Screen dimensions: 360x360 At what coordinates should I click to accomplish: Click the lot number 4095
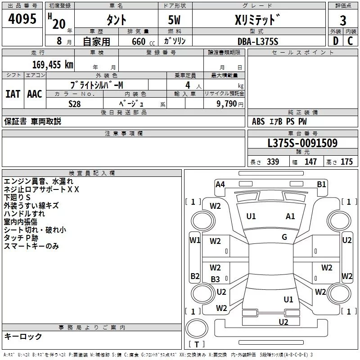coord(22,19)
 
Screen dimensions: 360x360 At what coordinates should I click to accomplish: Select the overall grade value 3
coord(343,20)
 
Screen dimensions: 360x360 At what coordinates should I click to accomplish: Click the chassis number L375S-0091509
coord(302,144)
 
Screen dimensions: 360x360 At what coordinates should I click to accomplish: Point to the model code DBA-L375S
coord(258,41)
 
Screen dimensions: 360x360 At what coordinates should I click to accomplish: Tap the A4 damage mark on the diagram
coord(220,184)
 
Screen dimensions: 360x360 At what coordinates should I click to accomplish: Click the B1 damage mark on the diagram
coord(321,184)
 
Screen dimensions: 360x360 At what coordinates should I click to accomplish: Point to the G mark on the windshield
coord(284,237)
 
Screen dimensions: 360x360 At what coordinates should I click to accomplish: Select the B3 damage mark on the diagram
coord(216,279)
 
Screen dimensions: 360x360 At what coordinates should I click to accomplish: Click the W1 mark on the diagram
coord(195,240)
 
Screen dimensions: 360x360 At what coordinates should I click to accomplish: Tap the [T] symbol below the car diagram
coord(196,345)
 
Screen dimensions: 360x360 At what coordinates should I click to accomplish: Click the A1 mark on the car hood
coord(291,216)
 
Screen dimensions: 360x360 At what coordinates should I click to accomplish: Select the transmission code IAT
coord(13,94)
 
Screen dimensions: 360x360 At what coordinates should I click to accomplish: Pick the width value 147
coord(310,162)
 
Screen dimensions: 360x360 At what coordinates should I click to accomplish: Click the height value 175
coord(346,162)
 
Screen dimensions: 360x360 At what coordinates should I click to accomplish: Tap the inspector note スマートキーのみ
coord(31,246)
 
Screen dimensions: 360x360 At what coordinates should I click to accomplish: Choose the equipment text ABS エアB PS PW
coord(279,121)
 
